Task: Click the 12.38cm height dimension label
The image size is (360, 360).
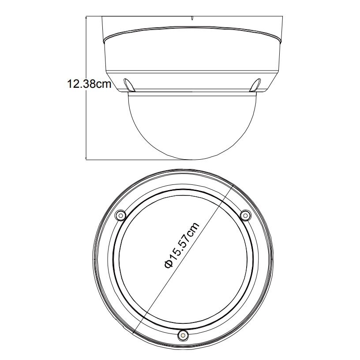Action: coord(89,84)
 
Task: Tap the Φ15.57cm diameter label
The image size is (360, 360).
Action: coord(182,245)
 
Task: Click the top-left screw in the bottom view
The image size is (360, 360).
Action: coord(120,215)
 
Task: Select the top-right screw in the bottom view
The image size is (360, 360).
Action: coord(245,215)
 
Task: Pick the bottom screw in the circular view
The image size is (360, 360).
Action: coord(183,335)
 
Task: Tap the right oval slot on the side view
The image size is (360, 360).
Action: coord(255,85)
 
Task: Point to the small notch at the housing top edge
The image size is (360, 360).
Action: coord(192,18)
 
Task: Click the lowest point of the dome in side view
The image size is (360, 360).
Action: coord(192,159)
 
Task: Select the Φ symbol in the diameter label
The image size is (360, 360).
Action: coord(169,264)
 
